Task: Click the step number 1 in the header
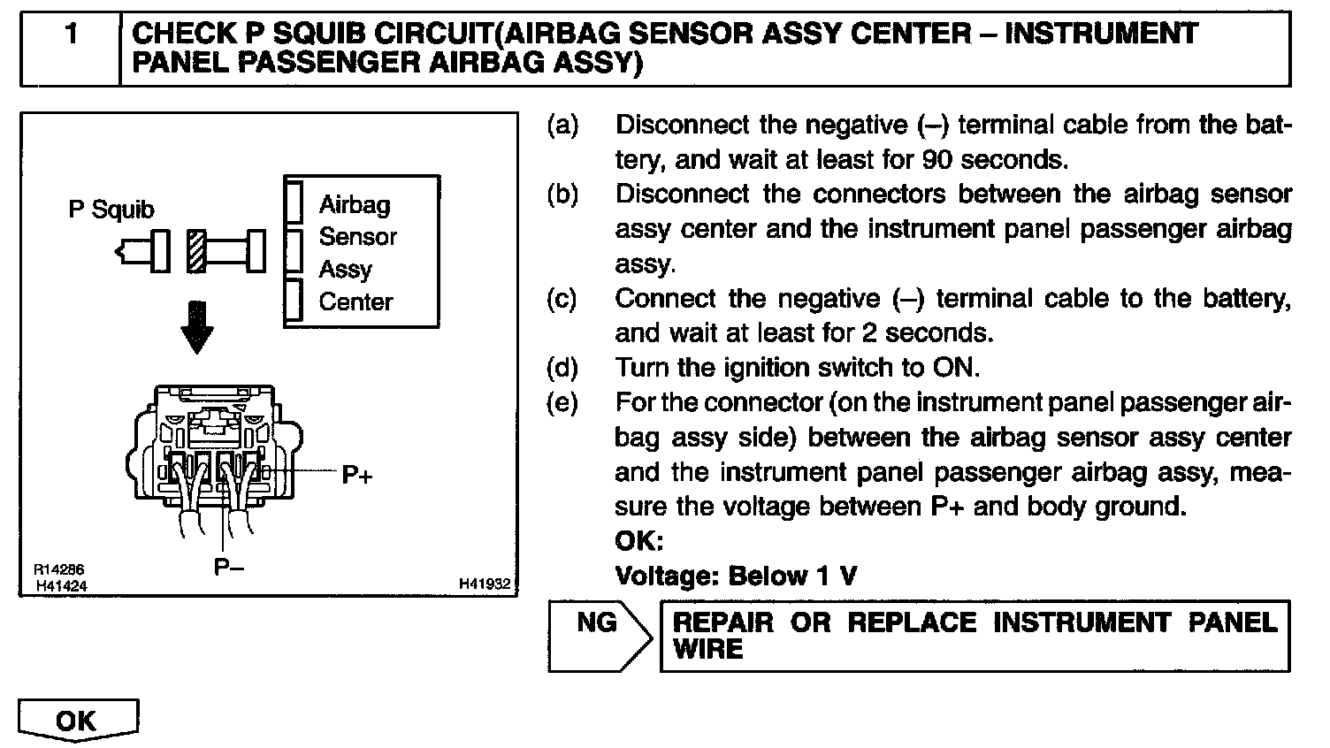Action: pyautogui.click(x=71, y=34)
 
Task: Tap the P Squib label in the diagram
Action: pyautogui.click(x=111, y=210)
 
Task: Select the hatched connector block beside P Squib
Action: pyautogui.click(x=196, y=251)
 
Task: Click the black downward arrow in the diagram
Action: pyautogui.click(x=196, y=328)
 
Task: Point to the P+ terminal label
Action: pyautogui.click(x=357, y=476)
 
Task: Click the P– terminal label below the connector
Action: pyautogui.click(x=229, y=568)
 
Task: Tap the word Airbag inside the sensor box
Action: pyautogui.click(x=355, y=205)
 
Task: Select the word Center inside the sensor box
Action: pyautogui.click(x=355, y=302)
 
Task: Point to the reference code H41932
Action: pyautogui.click(x=485, y=584)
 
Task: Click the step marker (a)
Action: pyautogui.click(x=563, y=126)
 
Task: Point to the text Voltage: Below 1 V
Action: pyautogui.click(x=736, y=576)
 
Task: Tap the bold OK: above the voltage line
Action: pyautogui.click(x=638, y=541)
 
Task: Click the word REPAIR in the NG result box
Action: pyautogui.click(x=722, y=622)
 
